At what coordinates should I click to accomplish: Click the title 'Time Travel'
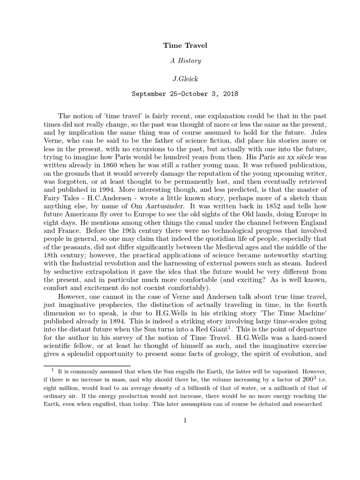(x=185, y=45)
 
